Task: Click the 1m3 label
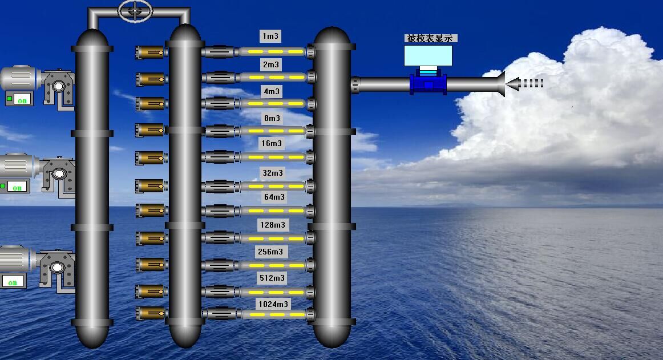pyautogui.click(x=270, y=37)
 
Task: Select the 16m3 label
pyautogui.click(x=272, y=143)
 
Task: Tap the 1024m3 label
pyautogui.click(x=273, y=304)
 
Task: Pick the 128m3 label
pyautogui.click(x=273, y=225)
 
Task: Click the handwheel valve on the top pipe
pyautogui.click(x=135, y=10)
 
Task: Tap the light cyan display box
pyautogui.click(x=428, y=55)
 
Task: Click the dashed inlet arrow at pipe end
pyautogui.click(x=525, y=83)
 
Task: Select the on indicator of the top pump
pyautogui.click(x=22, y=100)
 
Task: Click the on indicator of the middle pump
pyautogui.click(x=17, y=187)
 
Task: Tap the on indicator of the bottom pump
pyautogui.click(x=13, y=282)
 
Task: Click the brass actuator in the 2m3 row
pyautogui.click(x=151, y=78)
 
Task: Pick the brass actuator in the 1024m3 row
pyautogui.click(x=151, y=313)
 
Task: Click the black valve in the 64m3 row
pyautogui.click(x=220, y=212)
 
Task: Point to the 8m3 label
pyautogui.click(x=272, y=118)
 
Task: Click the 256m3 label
pyautogui.click(x=270, y=252)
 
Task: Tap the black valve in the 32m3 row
pyautogui.click(x=220, y=186)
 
